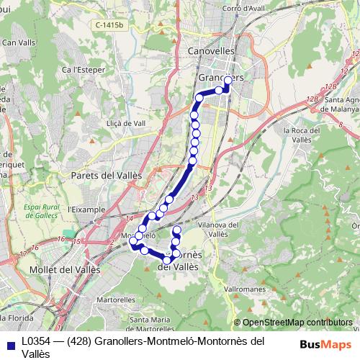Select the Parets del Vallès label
click(107, 175)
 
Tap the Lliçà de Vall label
click(126, 123)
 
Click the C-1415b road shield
click(108, 24)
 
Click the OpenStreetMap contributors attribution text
click(295, 323)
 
